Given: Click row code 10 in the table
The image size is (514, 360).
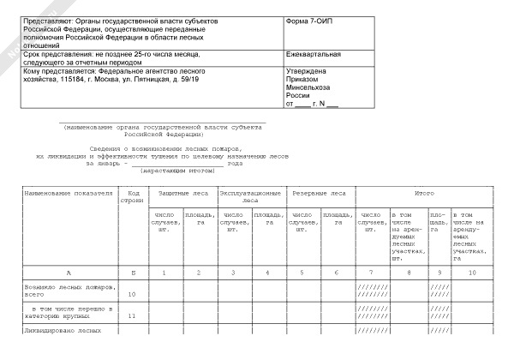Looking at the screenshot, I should click(132, 294).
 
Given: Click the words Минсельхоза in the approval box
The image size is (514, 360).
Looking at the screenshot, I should click(308, 87).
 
